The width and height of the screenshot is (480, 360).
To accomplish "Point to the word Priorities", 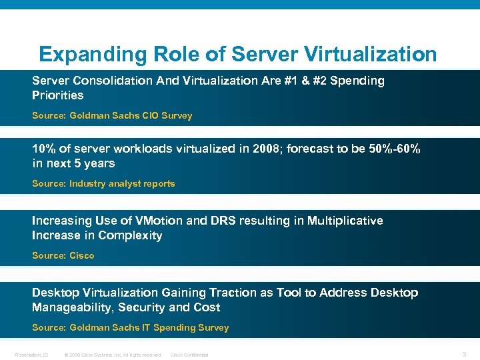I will point(57,95).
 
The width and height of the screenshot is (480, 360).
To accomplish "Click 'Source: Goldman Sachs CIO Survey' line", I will point(112,115).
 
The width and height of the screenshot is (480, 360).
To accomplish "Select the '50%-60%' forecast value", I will point(394,149).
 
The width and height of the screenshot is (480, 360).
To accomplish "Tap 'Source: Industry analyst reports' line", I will point(103,183).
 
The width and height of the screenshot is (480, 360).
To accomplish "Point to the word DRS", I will point(239,221).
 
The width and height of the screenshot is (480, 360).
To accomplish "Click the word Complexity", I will point(130,235).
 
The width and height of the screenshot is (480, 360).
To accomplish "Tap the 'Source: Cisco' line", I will point(63,255).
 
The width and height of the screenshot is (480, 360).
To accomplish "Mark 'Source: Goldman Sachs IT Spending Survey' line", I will point(130,327).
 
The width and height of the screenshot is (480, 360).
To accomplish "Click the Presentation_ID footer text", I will point(31,355).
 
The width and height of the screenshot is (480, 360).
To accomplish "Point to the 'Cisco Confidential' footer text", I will point(189,355).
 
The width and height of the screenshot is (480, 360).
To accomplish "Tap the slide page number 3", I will point(465,354).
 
